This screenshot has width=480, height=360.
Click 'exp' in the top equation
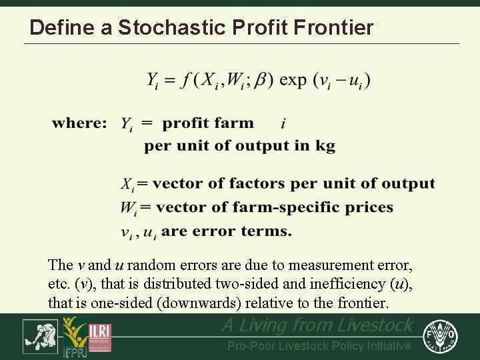tap(293, 80)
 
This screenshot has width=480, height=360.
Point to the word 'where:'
tap(79, 123)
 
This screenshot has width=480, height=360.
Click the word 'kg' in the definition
tap(325, 146)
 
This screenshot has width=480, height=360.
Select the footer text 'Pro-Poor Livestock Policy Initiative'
tap(319, 345)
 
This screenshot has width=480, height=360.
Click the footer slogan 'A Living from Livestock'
tap(317, 325)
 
